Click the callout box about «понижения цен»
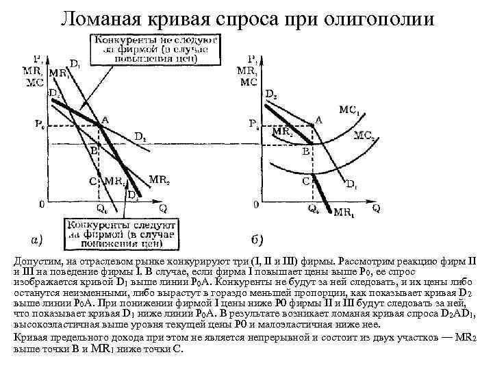(x=121, y=232)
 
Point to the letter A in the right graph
(x=318, y=119)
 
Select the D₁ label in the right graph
(x=351, y=184)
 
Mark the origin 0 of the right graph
(x=256, y=204)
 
